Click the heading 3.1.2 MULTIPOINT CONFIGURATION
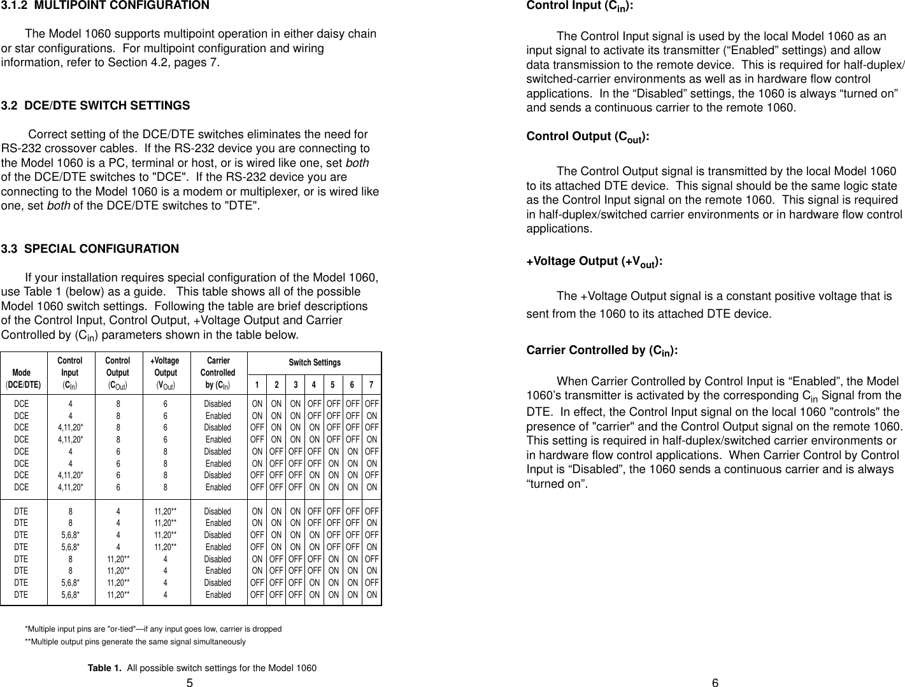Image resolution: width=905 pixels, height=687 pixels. click(x=105, y=6)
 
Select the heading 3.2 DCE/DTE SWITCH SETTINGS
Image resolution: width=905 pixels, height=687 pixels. click(x=96, y=106)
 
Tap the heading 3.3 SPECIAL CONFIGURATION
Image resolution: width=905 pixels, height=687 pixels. click(x=90, y=249)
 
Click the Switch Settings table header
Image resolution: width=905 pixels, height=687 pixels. click(x=315, y=362)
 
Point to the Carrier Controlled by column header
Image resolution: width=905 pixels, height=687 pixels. click(x=218, y=372)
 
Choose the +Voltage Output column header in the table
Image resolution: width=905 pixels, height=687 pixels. click(x=166, y=372)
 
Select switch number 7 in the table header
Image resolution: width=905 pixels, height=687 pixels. click(x=371, y=385)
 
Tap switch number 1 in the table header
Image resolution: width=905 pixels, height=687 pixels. click(x=257, y=385)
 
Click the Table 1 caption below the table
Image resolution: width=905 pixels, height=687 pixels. click(x=201, y=668)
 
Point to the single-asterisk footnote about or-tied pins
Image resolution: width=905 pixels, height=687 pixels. click(x=153, y=629)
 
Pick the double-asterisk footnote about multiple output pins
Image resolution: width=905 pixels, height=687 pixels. click(x=134, y=641)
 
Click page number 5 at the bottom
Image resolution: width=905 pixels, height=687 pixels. click(x=190, y=683)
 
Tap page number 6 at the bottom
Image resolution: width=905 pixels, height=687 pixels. click(x=715, y=683)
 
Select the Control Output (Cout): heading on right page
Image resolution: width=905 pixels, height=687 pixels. click(x=588, y=137)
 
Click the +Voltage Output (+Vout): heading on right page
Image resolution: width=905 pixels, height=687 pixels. click(x=594, y=262)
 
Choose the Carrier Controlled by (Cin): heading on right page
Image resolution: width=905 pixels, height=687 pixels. click(x=602, y=351)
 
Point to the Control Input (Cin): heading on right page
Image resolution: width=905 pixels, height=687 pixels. click(x=580, y=6)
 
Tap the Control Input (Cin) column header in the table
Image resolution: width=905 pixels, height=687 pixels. click(x=70, y=372)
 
